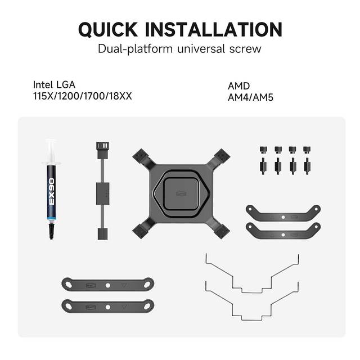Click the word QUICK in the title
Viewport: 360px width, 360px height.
pyautogui.click(x=108, y=29)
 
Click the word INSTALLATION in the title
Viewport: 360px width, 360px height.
pyautogui.click(x=214, y=29)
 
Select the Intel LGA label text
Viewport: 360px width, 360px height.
pyautogui.click(x=54, y=85)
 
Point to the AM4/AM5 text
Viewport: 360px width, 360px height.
pyautogui.click(x=250, y=97)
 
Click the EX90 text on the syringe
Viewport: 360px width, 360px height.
pyautogui.click(x=52, y=191)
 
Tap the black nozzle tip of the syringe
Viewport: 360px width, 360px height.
pyautogui.click(x=51, y=231)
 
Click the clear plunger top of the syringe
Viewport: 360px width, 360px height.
pyautogui.click(x=51, y=151)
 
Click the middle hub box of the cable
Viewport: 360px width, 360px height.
pyautogui.click(x=102, y=193)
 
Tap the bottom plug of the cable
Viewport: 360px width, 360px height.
pyautogui.click(x=102, y=234)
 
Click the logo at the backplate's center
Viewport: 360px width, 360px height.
pyautogui.click(x=181, y=193)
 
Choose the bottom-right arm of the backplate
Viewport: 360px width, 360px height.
pyautogui.click(x=219, y=229)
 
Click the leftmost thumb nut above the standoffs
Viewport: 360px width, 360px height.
pyautogui.click(x=263, y=150)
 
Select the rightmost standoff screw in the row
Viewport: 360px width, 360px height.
pyautogui.click(x=307, y=166)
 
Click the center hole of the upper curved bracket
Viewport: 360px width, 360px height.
pyautogui.click(x=283, y=217)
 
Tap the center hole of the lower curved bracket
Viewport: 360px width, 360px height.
pyautogui.click(x=283, y=235)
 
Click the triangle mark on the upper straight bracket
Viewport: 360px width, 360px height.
pyautogui.click(x=124, y=285)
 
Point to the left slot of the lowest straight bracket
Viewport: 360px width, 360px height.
pyautogui.click(x=69, y=306)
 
